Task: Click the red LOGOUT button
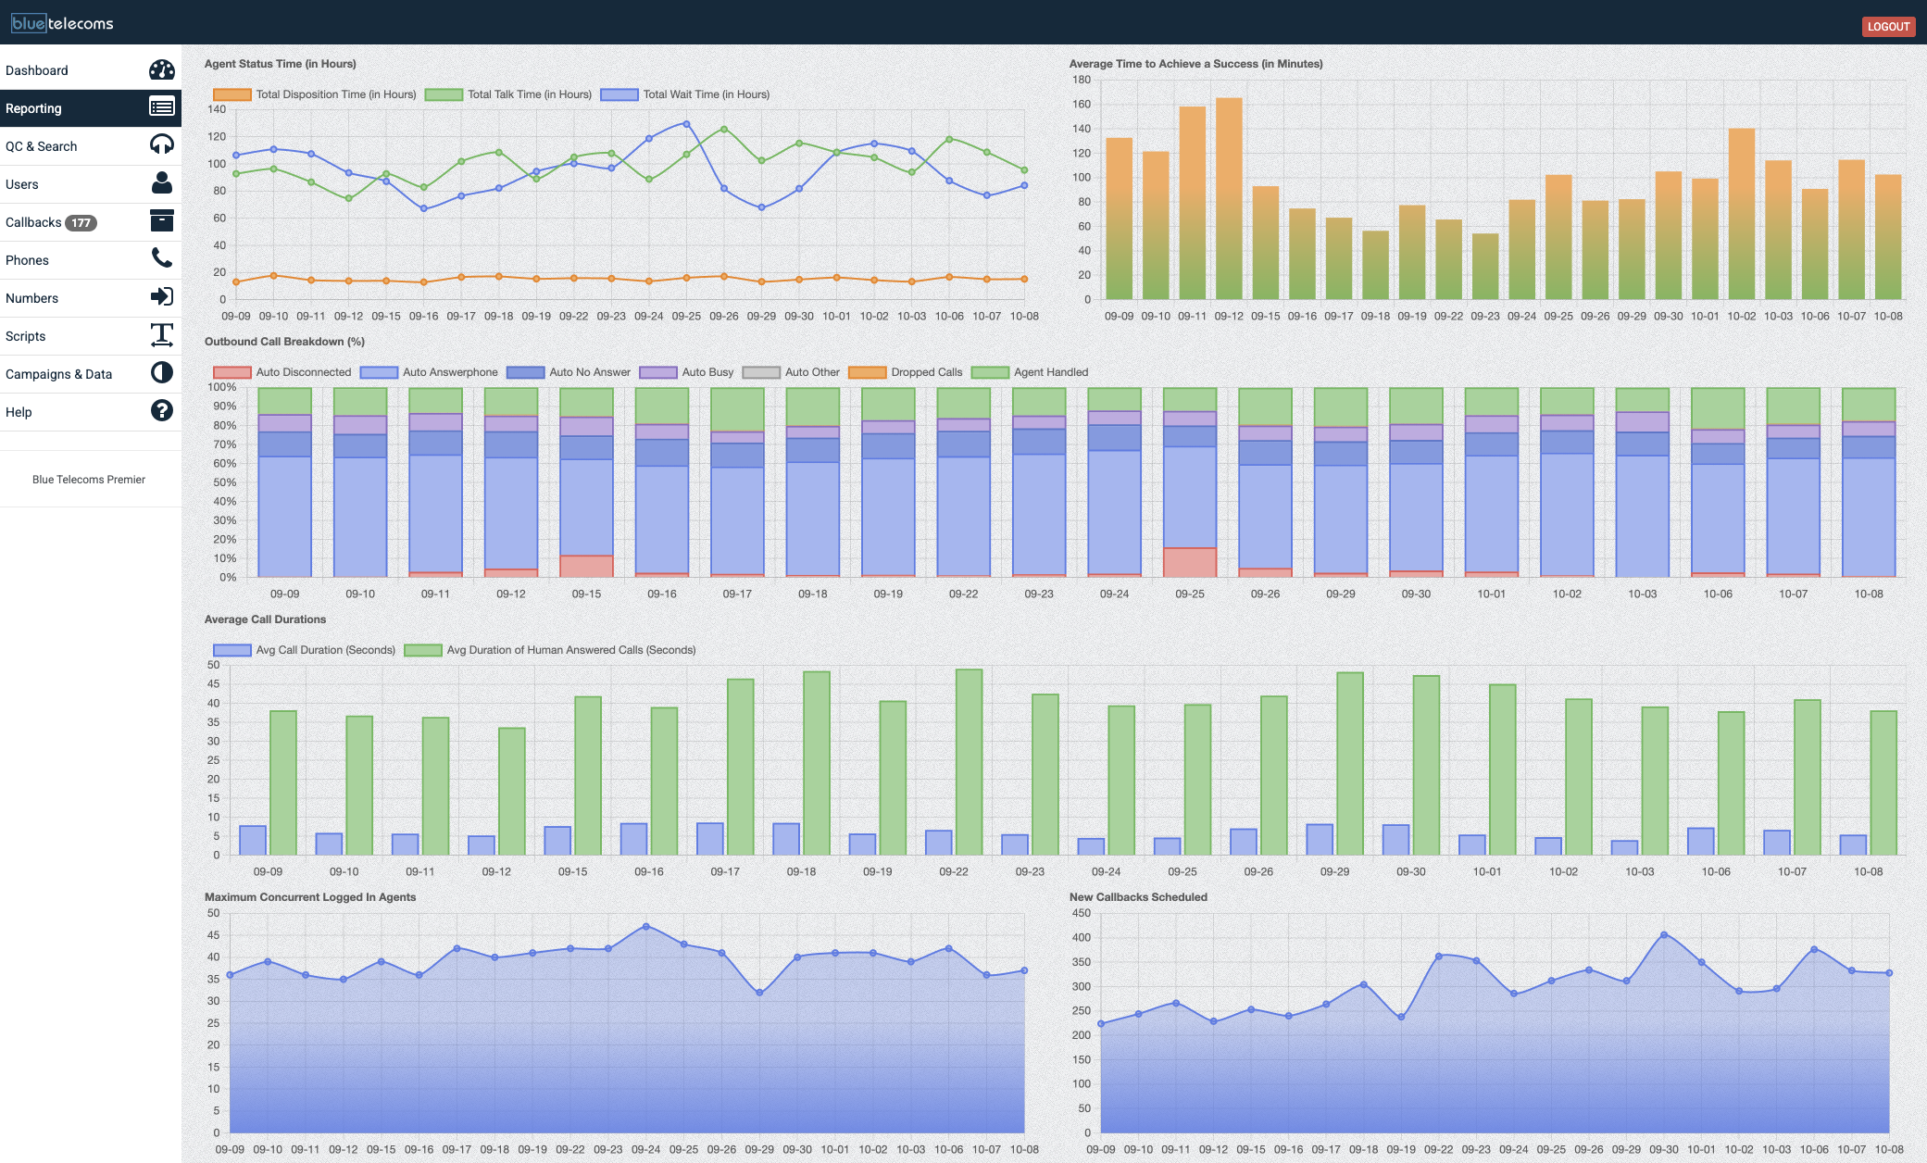click(1888, 26)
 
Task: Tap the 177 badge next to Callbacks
click(81, 222)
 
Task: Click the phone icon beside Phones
click(162, 258)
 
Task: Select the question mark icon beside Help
click(162, 410)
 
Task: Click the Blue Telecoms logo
click(62, 23)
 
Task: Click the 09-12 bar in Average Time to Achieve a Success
click(1229, 199)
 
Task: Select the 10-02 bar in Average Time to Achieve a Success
click(1741, 214)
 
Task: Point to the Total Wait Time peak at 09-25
click(686, 123)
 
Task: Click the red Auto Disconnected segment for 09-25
click(1190, 562)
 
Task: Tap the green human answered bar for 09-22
click(969, 762)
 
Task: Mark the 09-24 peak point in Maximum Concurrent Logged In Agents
click(646, 926)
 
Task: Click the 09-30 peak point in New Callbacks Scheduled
click(1664, 935)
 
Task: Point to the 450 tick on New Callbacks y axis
click(1081, 913)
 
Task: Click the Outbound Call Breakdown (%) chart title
click(284, 342)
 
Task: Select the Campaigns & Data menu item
click(59, 374)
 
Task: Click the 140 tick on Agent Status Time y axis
click(217, 109)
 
